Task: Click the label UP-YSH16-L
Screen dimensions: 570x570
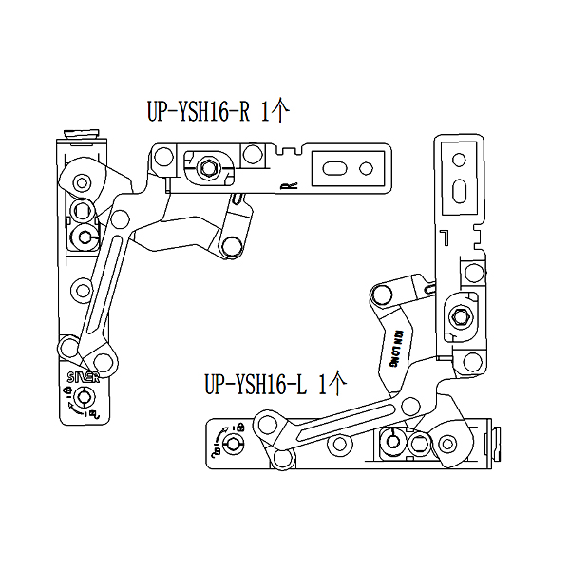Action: pos(255,386)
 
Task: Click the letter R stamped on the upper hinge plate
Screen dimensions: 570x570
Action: pos(290,184)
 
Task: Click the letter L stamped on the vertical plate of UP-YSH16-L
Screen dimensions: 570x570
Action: pos(442,235)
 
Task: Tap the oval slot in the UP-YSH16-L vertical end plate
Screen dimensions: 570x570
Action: pos(460,188)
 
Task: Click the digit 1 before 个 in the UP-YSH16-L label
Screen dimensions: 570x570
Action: pos(322,386)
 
